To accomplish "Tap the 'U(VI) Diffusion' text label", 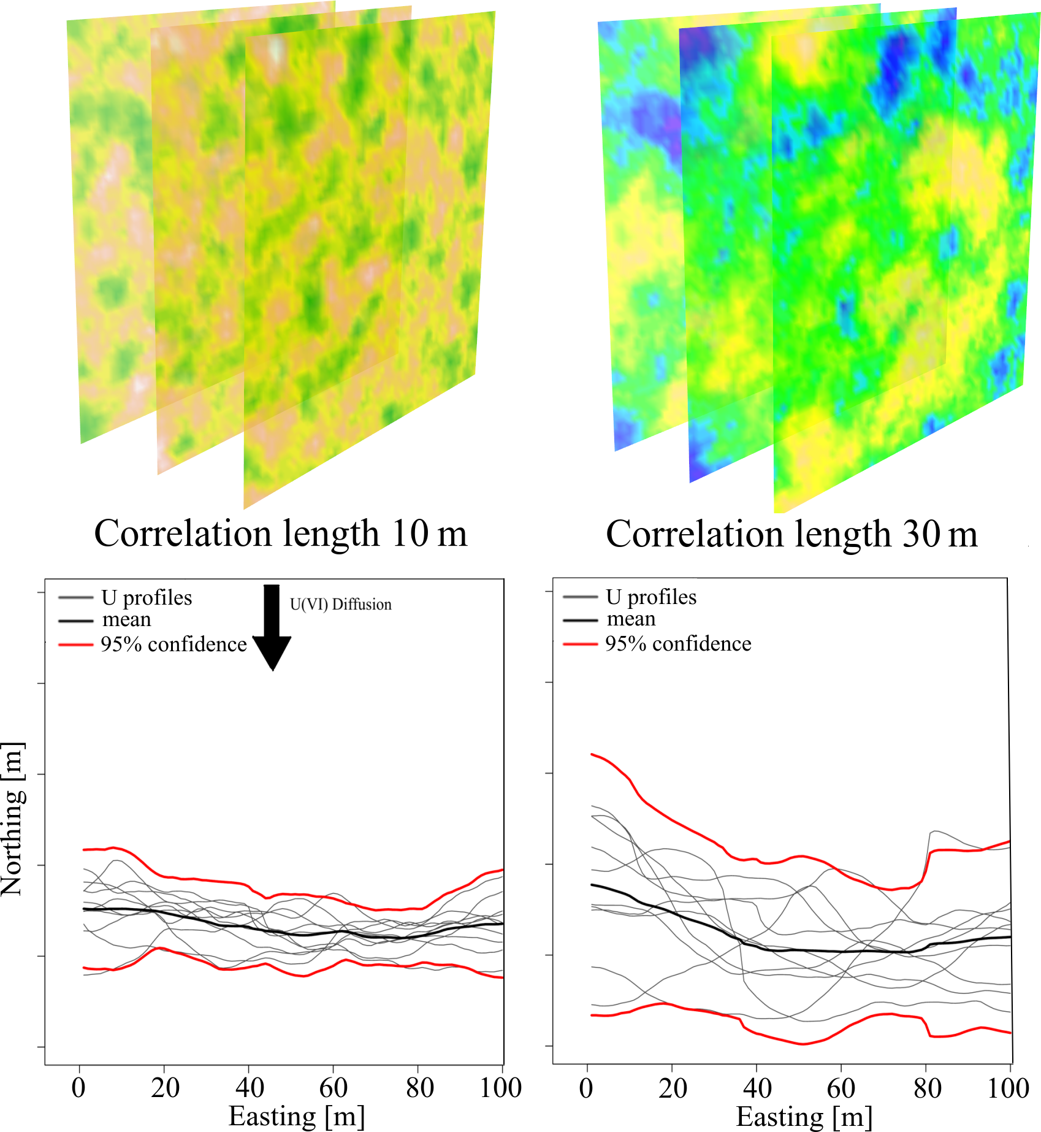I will (340, 605).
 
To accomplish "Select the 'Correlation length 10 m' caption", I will (280, 533).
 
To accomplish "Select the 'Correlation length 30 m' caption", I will (791, 534).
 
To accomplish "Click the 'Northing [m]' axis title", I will (13, 819).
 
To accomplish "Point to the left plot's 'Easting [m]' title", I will (297, 1116).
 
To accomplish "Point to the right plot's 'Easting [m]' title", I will (804, 1117).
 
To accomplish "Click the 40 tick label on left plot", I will (250, 1088).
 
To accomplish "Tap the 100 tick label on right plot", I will (1008, 1088).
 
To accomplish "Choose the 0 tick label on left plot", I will (78, 1088).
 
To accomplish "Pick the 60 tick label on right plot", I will (841, 1088).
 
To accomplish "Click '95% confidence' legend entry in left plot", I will (173, 644).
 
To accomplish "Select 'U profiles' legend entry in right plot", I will (651, 597).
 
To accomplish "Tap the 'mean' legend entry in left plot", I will (126, 620).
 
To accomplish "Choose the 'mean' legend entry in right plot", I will (631, 619).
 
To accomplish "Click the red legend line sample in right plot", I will (580, 644).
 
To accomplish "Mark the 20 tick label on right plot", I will (673, 1088).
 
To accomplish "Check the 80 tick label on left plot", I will (419, 1088).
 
